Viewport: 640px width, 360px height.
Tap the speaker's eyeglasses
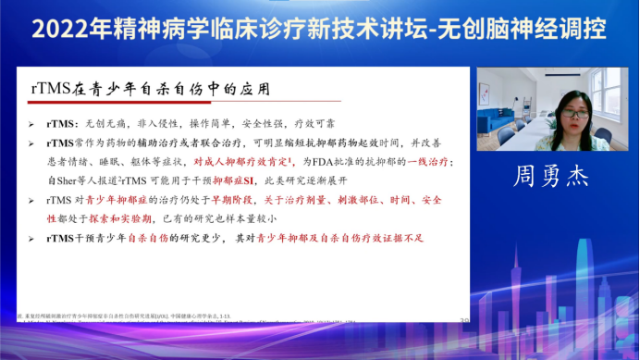[574, 114]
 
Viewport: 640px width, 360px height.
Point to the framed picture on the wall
[503, 84]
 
